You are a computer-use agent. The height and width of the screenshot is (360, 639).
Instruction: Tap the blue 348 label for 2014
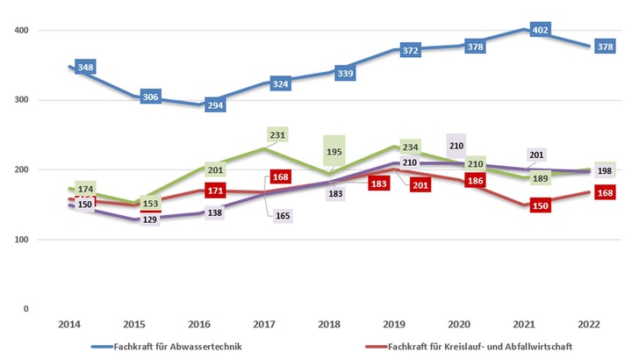86,68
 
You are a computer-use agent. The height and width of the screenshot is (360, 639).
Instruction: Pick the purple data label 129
151,218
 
